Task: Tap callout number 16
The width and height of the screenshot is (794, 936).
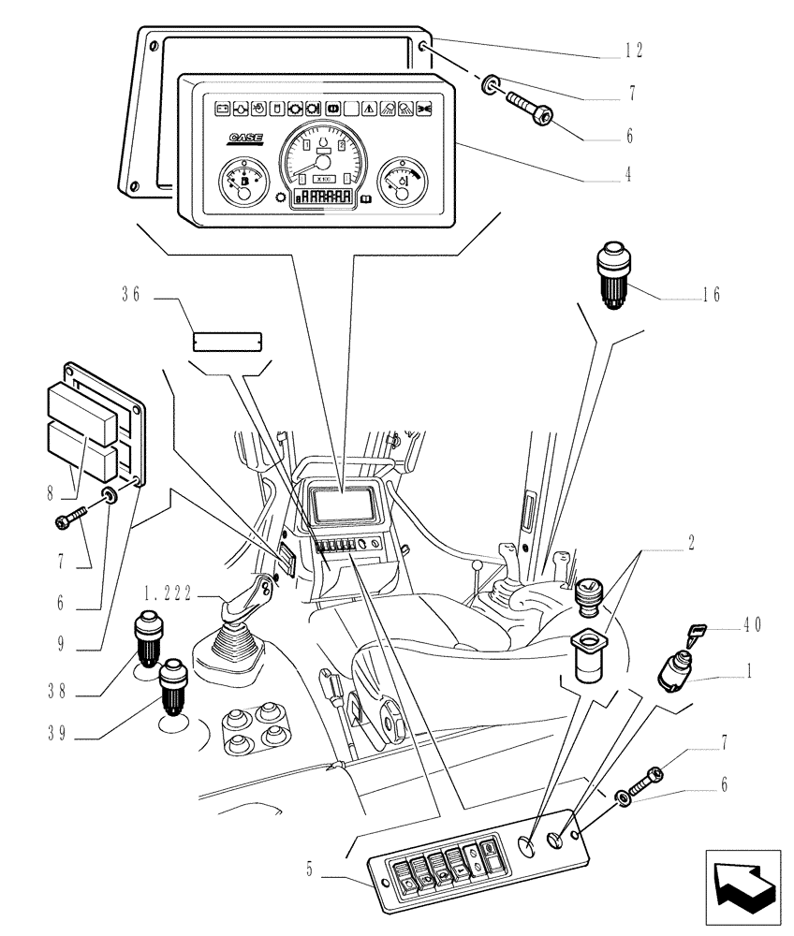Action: click(711, 294)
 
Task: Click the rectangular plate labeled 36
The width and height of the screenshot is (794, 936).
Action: click(228, 340)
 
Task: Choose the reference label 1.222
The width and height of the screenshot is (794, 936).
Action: click(168, 592)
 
